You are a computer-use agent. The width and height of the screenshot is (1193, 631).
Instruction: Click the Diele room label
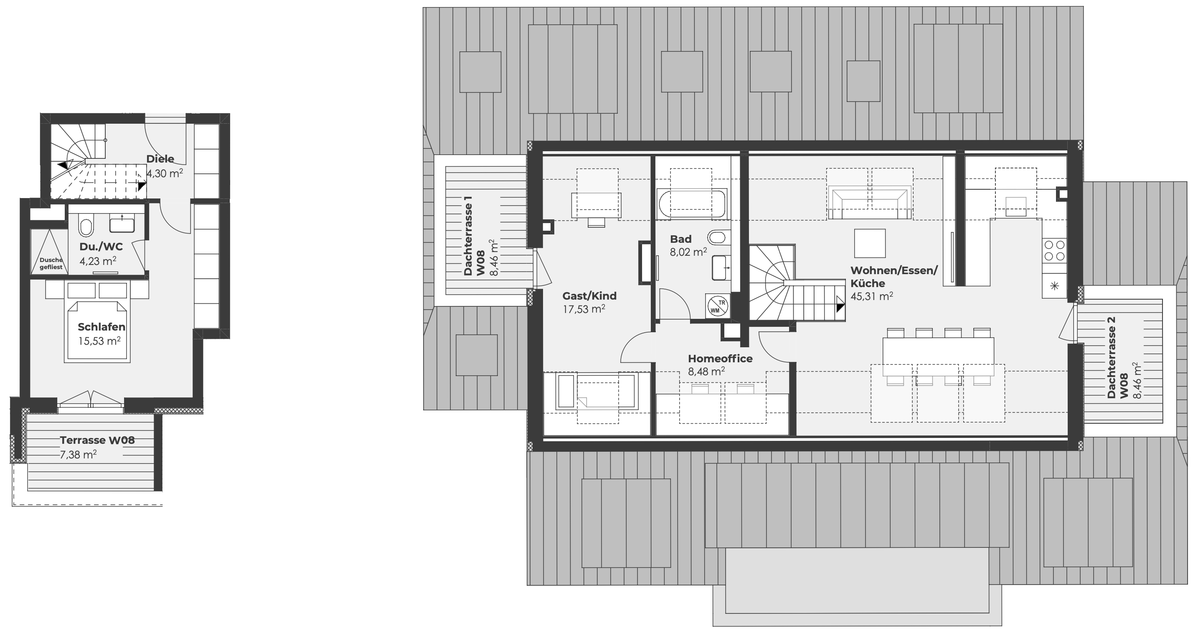160,159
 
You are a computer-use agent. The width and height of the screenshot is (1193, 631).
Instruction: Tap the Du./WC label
101,247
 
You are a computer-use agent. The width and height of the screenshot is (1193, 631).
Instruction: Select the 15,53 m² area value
99,341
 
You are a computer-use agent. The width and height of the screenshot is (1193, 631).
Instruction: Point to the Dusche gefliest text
51,264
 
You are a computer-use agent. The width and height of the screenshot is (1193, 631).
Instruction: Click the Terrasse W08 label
97,440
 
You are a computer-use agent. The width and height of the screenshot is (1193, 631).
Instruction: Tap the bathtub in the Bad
691,204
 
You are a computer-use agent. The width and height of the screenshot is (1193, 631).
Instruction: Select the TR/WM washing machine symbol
717,306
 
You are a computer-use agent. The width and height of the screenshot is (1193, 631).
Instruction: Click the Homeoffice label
720,359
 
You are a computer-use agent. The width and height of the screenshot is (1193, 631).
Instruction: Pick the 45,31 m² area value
872,296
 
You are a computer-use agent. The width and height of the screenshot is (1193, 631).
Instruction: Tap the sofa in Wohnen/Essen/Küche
870,202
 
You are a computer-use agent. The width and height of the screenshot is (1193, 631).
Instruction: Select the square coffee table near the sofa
870,243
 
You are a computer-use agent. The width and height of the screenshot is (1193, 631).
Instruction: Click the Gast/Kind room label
589,296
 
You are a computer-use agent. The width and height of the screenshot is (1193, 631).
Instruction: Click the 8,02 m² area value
688,252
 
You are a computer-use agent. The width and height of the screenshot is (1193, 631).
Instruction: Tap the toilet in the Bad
717,238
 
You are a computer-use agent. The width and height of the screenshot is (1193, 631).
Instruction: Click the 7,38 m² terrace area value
78,455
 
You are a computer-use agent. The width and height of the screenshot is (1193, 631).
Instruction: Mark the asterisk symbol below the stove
1054,286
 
